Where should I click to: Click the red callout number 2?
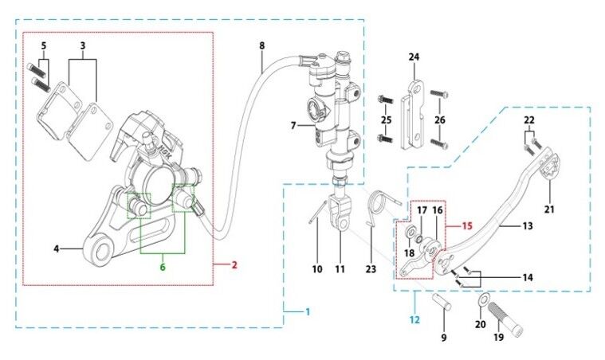click(234, 264)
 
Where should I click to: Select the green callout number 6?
click(163, 267)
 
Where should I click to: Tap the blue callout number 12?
click(414, 319)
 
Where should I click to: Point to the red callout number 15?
click(467, 225)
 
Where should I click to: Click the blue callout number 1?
click(308, 311)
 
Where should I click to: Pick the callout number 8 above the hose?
click(262, 46)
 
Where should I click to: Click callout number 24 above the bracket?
click(414, 57)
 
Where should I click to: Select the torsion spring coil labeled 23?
click(378, 204)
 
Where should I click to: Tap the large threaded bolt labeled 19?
click(505, 319)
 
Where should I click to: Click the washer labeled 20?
click(482, 300)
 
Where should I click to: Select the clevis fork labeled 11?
click(340, 214)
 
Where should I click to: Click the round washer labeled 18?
click(410, 233)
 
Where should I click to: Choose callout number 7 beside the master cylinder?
click(293, 126)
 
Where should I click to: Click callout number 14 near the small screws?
click(528, 277)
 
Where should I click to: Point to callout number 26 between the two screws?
click(440, 120)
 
